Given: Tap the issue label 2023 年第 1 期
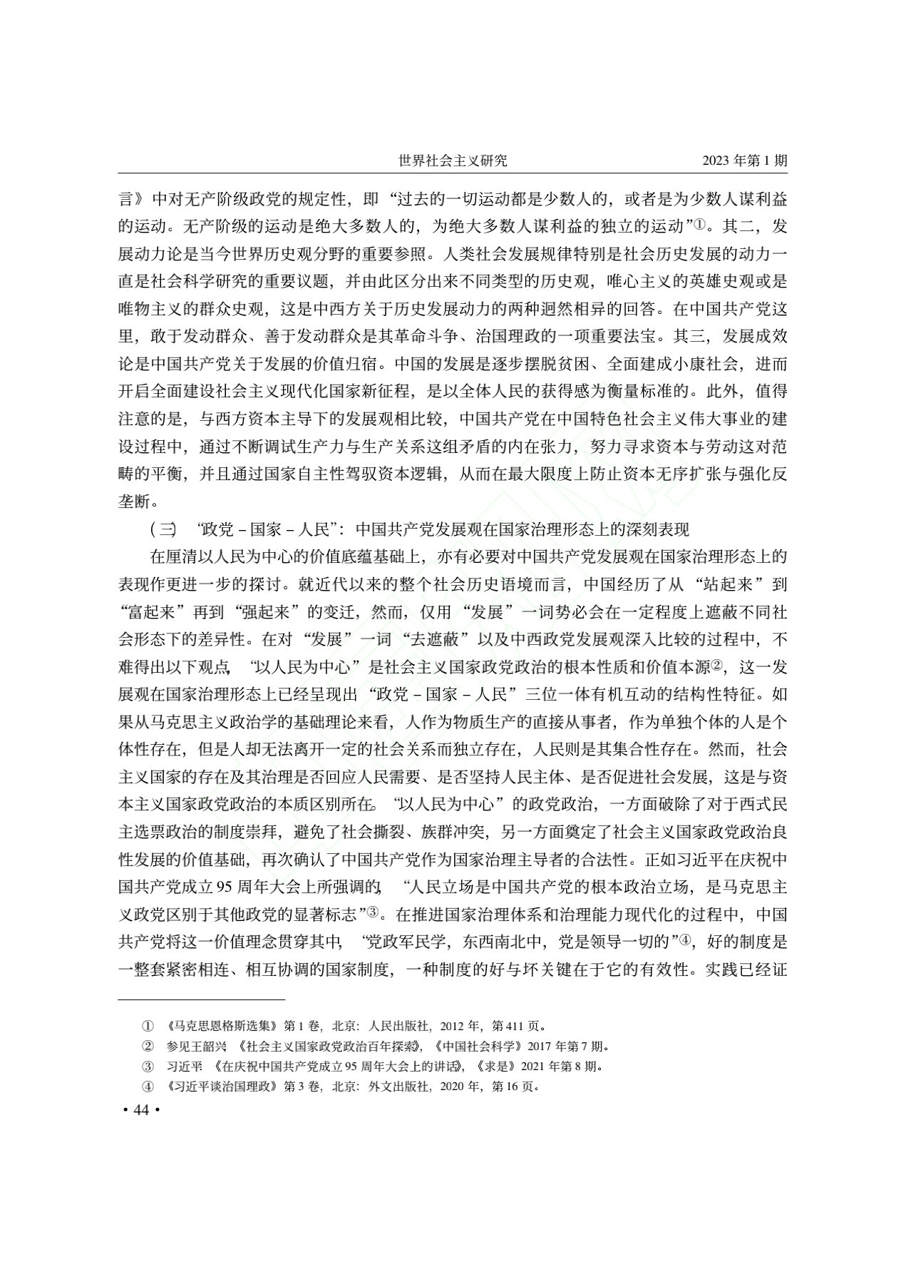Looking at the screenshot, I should [x=745, y=161].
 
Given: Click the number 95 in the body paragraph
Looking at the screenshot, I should [x=226, y=887].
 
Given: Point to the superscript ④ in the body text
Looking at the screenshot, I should [x=686, y=942].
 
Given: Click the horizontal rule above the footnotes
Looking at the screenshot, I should [x=201, y=999].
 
